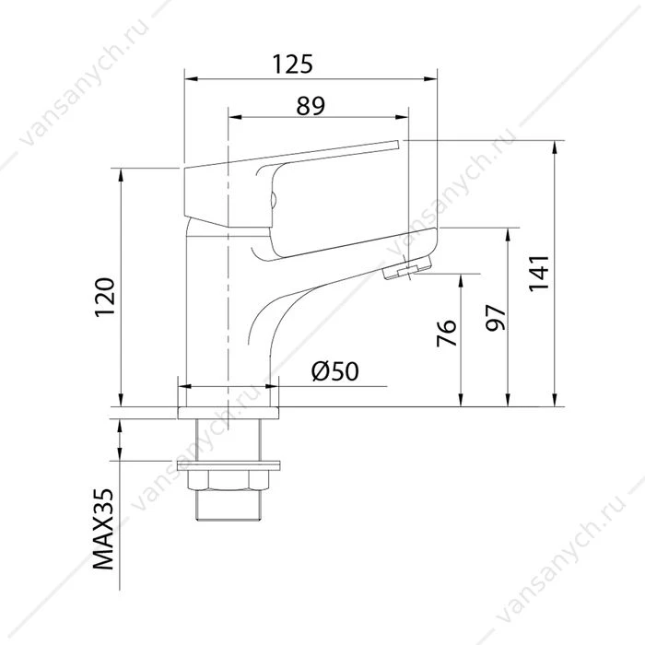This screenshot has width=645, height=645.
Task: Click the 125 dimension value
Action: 292,64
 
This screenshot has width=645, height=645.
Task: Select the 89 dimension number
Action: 311,106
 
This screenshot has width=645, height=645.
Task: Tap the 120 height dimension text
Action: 104,298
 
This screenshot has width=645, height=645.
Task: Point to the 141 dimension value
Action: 539,274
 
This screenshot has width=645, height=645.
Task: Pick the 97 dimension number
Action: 496,318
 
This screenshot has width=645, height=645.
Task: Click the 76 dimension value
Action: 446,333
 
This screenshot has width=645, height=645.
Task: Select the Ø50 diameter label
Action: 334,371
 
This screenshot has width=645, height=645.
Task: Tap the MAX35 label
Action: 103,530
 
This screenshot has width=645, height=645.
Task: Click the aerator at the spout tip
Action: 407,267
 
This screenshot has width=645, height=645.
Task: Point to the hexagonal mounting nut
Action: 229,480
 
